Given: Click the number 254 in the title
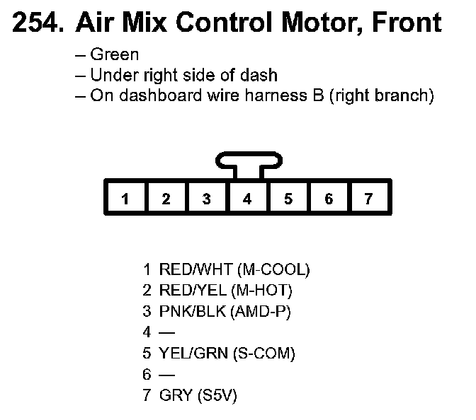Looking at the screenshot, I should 35,23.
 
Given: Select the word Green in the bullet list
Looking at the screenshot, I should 115,54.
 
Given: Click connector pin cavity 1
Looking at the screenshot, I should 125,199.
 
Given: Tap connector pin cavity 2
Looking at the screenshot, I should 166,199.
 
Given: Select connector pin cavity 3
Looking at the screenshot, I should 206,199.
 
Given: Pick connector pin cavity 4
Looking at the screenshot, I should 246,199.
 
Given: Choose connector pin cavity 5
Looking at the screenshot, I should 288,199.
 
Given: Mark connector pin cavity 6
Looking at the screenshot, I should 328,199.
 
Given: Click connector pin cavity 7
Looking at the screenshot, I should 368,199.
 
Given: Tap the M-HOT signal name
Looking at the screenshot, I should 266,290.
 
